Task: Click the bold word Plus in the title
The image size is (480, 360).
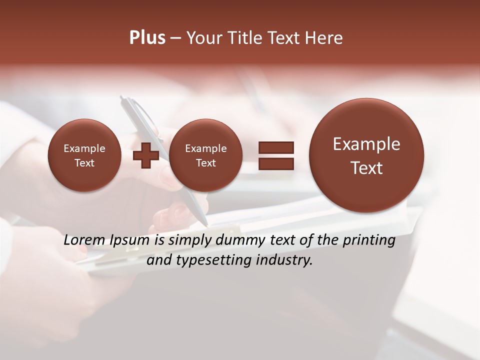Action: click(x=147, y=38)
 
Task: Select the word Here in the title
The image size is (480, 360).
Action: click(x=325, y=38)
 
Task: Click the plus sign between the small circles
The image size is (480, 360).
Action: click(x=146, y=155)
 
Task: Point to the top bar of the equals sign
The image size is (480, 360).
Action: click(x=275, y=147)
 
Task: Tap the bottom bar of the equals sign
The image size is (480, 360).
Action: click(x=275, y=163)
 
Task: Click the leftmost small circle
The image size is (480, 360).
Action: click(x=84, y=155)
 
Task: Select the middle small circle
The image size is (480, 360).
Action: click(x=205, y=155)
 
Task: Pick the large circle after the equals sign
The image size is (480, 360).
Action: click(x=366, y=155)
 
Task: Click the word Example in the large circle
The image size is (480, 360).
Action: click(x=366, y=144)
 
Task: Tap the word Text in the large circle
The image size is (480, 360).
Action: click(x=366, y=168)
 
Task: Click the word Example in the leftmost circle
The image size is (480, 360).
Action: click(x=84, y=148)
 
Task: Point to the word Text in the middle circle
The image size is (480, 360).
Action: click(x=205, y=163)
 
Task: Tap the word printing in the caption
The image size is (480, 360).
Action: click(x=369, y=240)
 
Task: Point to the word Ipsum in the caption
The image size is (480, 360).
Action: click(x=129, y=240)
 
